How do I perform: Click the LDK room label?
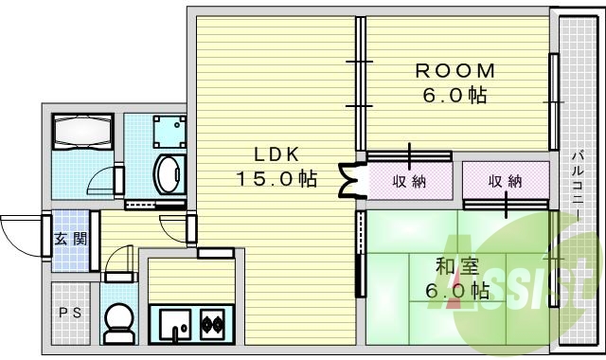[x=276, y=153]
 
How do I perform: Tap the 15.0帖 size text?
[x=276, y=177]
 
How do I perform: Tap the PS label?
[x=69, y=312]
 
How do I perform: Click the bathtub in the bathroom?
[x=82, y=133]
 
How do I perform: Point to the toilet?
[x=118, y=325]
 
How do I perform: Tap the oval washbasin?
[x=168, y=175]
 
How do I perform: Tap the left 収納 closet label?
[x=409, y=181]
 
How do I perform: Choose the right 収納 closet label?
[x=505, y=180]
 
